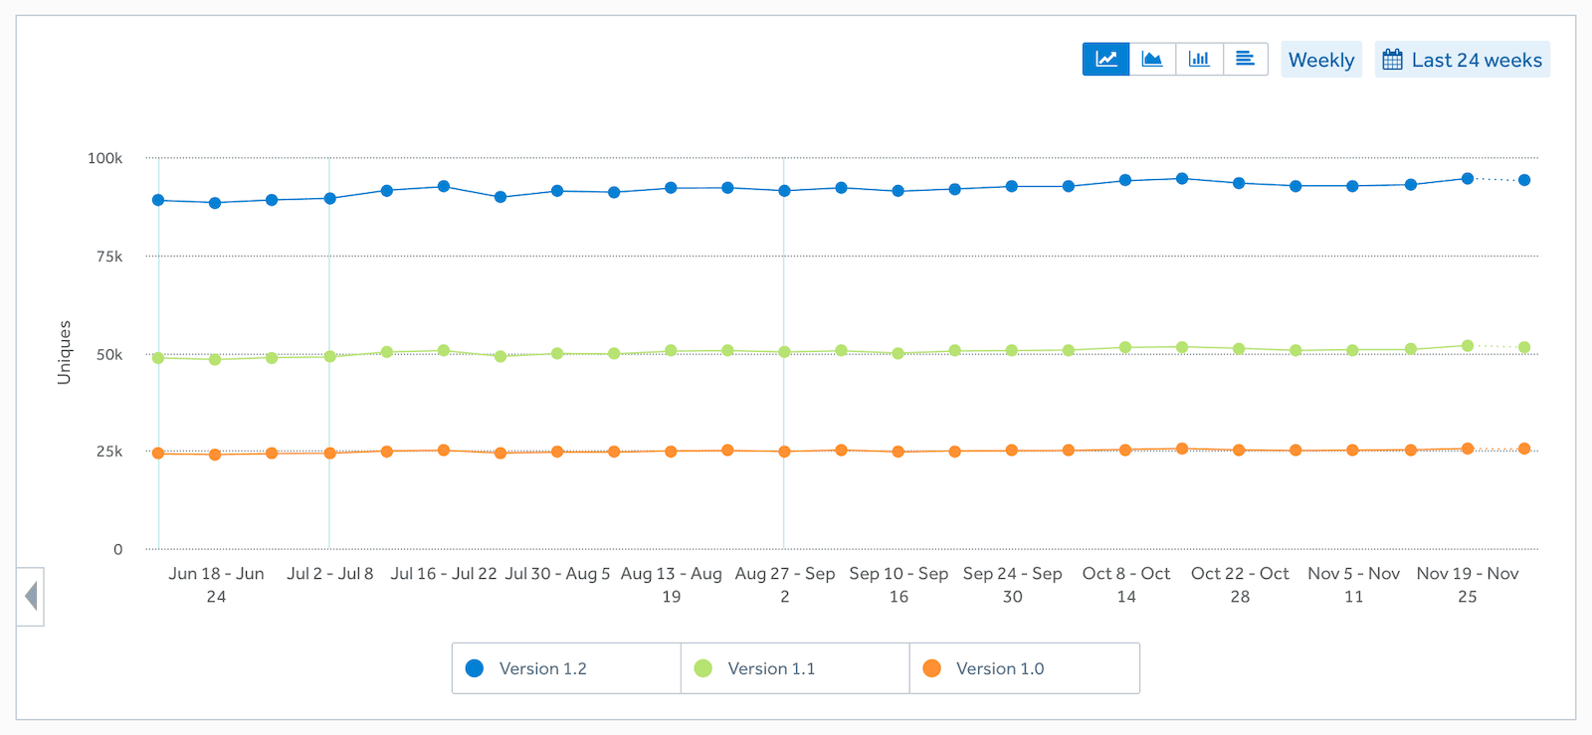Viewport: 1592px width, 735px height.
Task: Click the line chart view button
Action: tap(1105, 59)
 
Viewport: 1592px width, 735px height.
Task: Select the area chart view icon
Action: tap(1152, 59)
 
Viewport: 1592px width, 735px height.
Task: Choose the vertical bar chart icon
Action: tap(1199, 59)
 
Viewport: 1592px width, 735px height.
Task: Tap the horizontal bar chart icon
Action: tap(1245, 59)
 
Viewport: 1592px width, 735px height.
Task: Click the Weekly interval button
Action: tap(1320, 60)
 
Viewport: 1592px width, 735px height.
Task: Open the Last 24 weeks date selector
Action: tap(1463, 60)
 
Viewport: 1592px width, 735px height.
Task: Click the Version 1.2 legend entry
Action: tap(542, 668)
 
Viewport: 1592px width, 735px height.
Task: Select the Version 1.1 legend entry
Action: tap(770, 668)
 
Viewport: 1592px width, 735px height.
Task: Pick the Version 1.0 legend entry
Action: tap(999, 668)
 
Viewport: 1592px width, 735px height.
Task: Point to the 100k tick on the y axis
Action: tap(104, 158)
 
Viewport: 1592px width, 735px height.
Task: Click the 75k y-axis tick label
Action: tap(109, 257)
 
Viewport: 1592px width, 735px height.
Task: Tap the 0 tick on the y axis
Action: tap(117, 549)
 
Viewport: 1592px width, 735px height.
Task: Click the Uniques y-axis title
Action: tap(65, 352)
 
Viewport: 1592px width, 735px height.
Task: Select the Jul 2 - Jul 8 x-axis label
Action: tap(330, 574)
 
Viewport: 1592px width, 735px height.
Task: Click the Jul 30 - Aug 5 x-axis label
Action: tap(557, 574)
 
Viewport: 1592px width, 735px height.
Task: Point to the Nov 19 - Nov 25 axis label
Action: tap(1467, 585)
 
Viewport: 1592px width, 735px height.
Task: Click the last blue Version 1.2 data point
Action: tap(1523, 180)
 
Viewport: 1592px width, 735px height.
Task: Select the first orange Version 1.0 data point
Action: tap(158, 453)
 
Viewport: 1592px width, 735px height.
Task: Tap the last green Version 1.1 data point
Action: tap(1523, 347)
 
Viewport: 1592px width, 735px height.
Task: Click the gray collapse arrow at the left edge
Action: tap(31, 597)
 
